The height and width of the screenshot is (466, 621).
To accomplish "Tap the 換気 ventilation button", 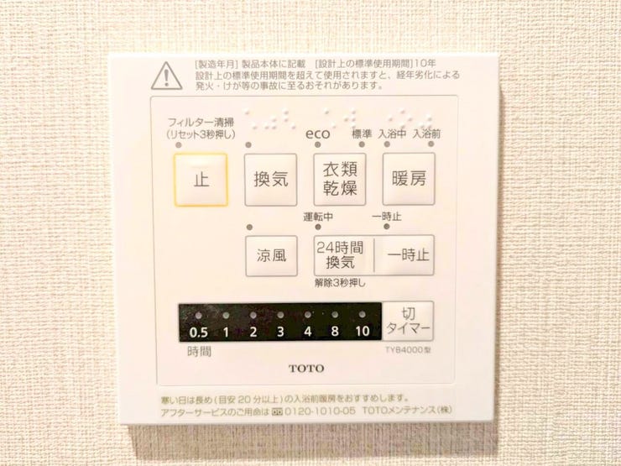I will click(x=270, y=179).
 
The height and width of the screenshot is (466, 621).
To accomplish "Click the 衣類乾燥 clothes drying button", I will click(x=340, y=179).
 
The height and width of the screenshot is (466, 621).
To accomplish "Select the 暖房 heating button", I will click(x=409, y=179).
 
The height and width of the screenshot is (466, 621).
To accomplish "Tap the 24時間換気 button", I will click(x=340, y=254).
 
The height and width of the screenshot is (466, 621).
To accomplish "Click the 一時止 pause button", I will click(x=405, y=255).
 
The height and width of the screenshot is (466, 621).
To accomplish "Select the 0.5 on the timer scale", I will click(x=198, y=331).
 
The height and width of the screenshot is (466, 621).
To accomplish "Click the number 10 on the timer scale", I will click(x=362, y=331).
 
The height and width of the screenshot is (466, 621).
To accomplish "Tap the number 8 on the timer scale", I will click(x=335, y=331).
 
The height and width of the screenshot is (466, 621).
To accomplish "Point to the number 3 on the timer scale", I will click(x=280, y=331).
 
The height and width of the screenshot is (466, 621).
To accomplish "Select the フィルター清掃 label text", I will click(x=200, y=122).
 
